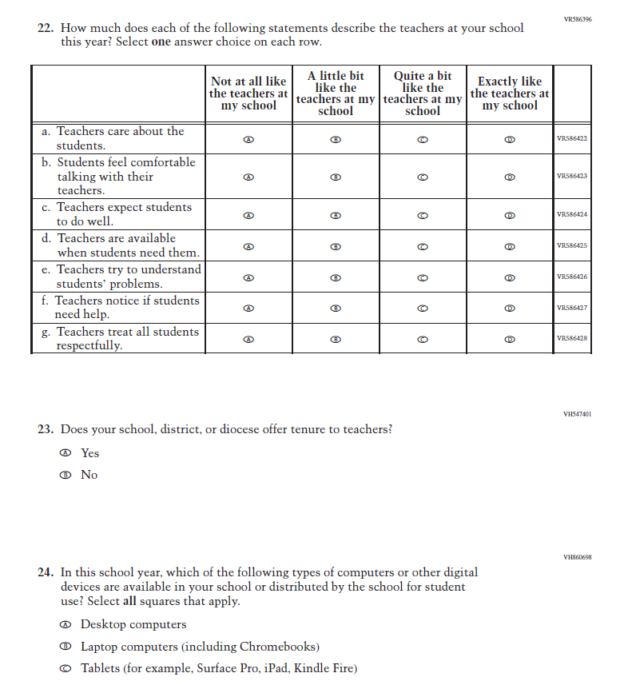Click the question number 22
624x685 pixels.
(46, 28)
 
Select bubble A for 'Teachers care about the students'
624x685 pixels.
(248, 139)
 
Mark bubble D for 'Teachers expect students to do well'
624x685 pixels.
(510, 216)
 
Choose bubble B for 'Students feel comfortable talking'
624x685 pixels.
(336, 177)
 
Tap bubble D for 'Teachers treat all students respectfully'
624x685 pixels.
(510, 340)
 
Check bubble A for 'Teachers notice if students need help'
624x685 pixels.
(248, 309)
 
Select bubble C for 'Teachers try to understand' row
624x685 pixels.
(423, 278)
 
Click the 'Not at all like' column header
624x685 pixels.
(248, 94)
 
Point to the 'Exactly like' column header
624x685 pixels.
(510, 94)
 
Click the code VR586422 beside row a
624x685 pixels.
(572, 139)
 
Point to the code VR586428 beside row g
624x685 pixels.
(572, 339)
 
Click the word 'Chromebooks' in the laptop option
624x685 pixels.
(276, 647)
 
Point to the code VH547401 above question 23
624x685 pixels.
(577, 414)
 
